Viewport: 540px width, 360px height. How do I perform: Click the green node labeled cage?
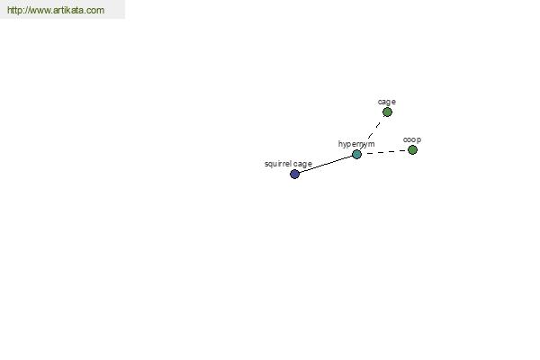(387, 112)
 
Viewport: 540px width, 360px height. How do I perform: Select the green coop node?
(412, 150)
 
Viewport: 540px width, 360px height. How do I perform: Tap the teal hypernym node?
(356, 154)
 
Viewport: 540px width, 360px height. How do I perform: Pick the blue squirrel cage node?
(294, 174)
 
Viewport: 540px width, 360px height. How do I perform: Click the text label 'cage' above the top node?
(387, 102)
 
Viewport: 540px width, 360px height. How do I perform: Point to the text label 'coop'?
(412, 139)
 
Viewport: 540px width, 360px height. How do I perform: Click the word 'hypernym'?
(356, 144)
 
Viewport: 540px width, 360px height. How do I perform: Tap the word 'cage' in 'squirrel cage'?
(303, 165)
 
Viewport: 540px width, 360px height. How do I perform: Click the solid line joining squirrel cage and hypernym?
(326, 164)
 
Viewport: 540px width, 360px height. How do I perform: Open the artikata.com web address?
(56, 10)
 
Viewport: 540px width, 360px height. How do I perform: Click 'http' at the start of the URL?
(14, 10)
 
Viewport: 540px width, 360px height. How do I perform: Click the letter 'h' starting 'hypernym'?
(340, 143)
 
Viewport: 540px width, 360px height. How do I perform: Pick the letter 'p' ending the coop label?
(418, 140)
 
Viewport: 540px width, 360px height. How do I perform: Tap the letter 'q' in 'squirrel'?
(271, 165)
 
